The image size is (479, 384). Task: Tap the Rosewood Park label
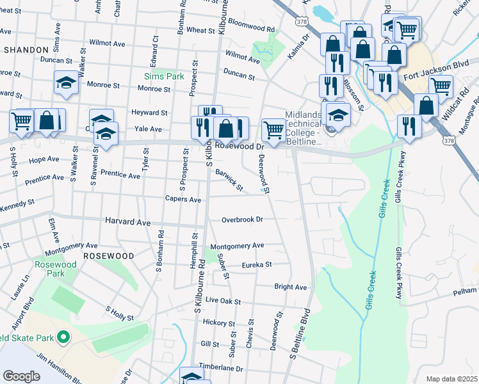click(56, 269)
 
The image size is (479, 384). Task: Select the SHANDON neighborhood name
click(26, 49)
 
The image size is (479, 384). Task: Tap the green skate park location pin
click(63, 337)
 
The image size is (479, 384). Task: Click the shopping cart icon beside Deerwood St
click(273, 130)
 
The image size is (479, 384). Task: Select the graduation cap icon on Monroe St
click(66, 83)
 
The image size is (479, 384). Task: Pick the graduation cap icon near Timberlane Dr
click(191, 376)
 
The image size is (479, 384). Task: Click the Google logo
click(21, 376)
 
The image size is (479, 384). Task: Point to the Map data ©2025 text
click(451, 379)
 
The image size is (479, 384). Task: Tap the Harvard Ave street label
click(127, 223)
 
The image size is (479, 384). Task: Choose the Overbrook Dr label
click(242, 220)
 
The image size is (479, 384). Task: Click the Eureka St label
click(256, 264)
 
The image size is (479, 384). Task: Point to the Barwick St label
click(229, 180)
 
